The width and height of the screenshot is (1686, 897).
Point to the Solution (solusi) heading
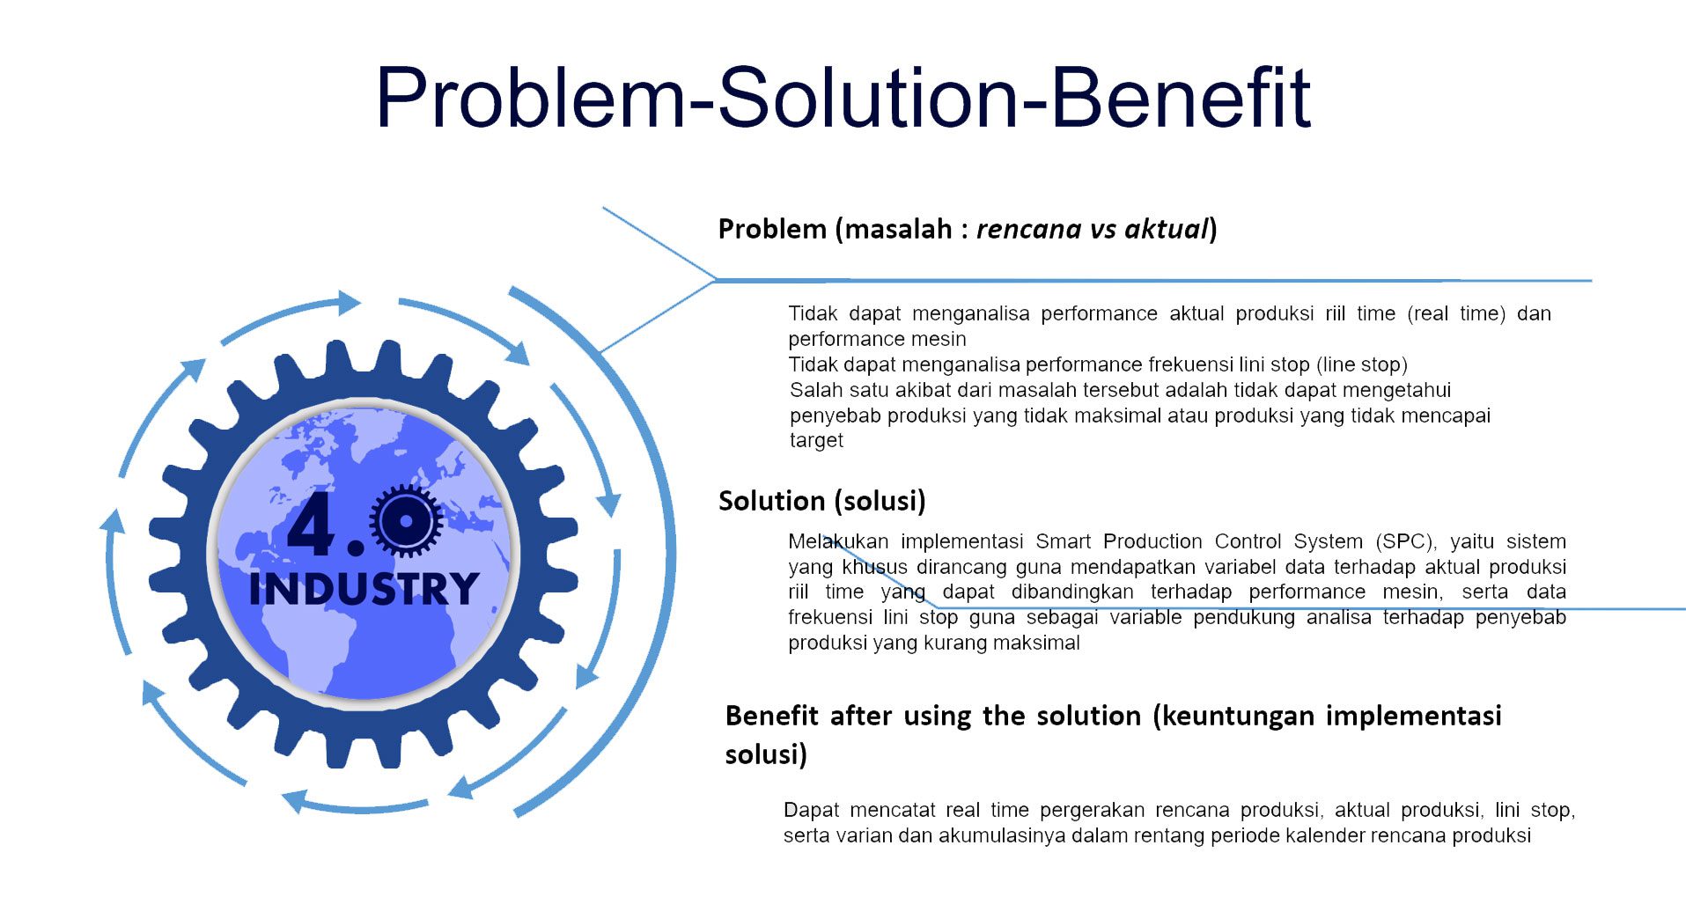822,501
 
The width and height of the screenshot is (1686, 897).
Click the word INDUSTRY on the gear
364,589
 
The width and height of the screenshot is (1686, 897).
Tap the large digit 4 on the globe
312,526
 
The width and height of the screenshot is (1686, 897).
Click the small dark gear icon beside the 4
406,520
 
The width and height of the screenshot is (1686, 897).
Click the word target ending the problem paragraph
816,441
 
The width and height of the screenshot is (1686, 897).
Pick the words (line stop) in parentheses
1362,364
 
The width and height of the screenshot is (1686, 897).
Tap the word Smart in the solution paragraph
1063,541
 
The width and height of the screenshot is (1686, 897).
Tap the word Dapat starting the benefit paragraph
811,811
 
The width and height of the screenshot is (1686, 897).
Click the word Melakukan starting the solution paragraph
838,541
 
